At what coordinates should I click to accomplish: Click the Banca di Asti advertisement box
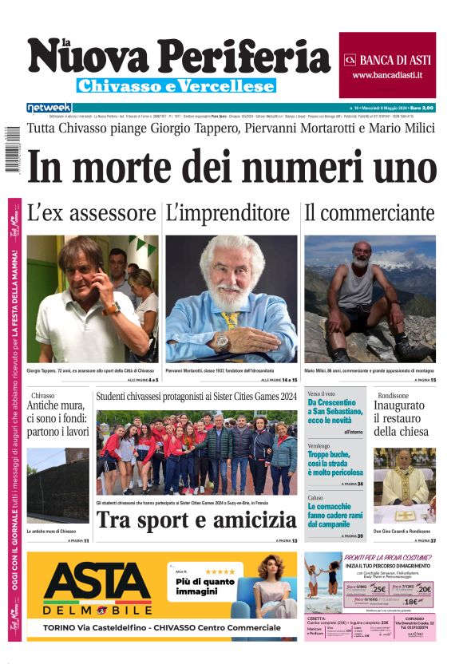387,54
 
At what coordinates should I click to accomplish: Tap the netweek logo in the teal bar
49,107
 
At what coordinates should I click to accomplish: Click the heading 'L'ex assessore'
91,213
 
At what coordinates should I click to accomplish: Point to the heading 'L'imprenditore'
228,213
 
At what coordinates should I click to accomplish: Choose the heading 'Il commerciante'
369,213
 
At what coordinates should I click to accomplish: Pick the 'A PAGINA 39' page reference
351,536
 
